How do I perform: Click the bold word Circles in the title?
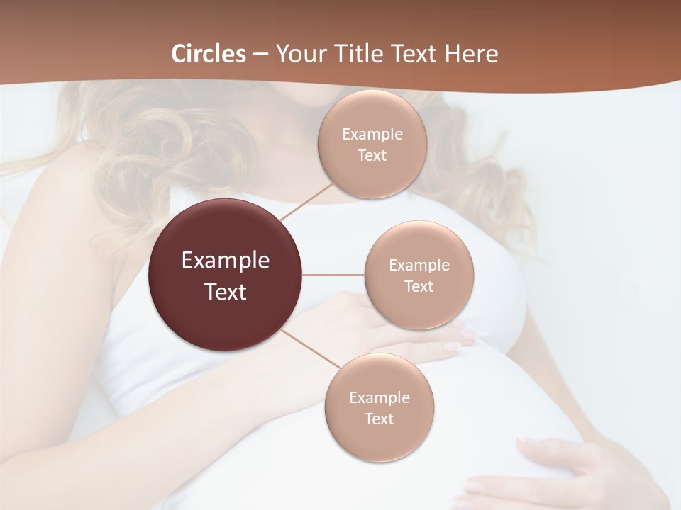point(209,54)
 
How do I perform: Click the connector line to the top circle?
point(306,201)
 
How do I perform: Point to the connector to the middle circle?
point(333,275)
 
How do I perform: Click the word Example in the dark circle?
point(226,261)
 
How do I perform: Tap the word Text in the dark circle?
point(226,292)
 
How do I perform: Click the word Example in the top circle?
point(372,134)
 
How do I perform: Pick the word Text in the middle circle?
point(419,286)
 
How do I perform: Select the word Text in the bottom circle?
point(379,419)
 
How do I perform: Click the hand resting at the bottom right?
point(567,471)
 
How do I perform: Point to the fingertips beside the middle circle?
point(465,336)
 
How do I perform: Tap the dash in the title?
point(260,54)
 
